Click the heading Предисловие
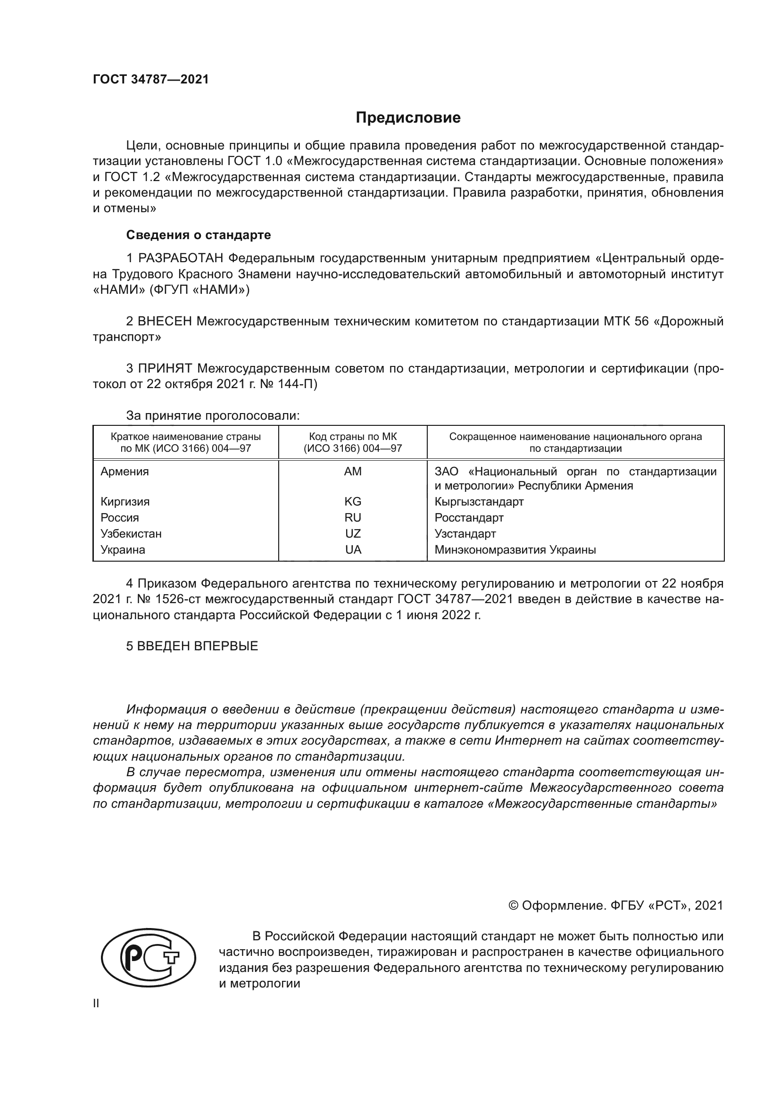(x=408, y=118)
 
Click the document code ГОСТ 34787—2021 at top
(x=151, y=79)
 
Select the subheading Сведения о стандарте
(x=199, y=235)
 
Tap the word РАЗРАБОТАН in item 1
(x=181, y=258)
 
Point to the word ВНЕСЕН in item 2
(x=165, y=322)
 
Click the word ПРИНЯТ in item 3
(x=165, y=368)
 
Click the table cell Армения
(x=124, y=471)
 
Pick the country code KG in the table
(x=353, y=502)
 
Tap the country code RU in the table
(x=353, y=517)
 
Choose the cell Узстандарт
(x=465, y=534)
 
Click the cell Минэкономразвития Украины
(x=515, y=549)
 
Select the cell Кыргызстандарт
(x=479, y=502)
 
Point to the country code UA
(x=353, y=549)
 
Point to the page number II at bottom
(x=96, y=1003)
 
